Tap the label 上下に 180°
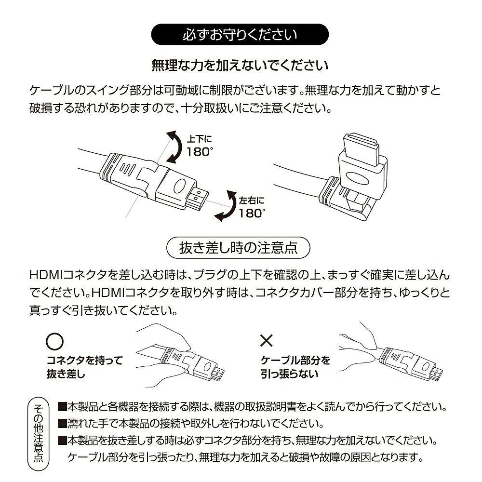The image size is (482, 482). (199, 146)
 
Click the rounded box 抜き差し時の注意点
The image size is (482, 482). (238, 248)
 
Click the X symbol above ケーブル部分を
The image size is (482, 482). (267, 341)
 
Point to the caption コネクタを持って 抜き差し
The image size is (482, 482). (84, 367)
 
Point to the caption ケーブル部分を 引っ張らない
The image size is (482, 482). (295, 367)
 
